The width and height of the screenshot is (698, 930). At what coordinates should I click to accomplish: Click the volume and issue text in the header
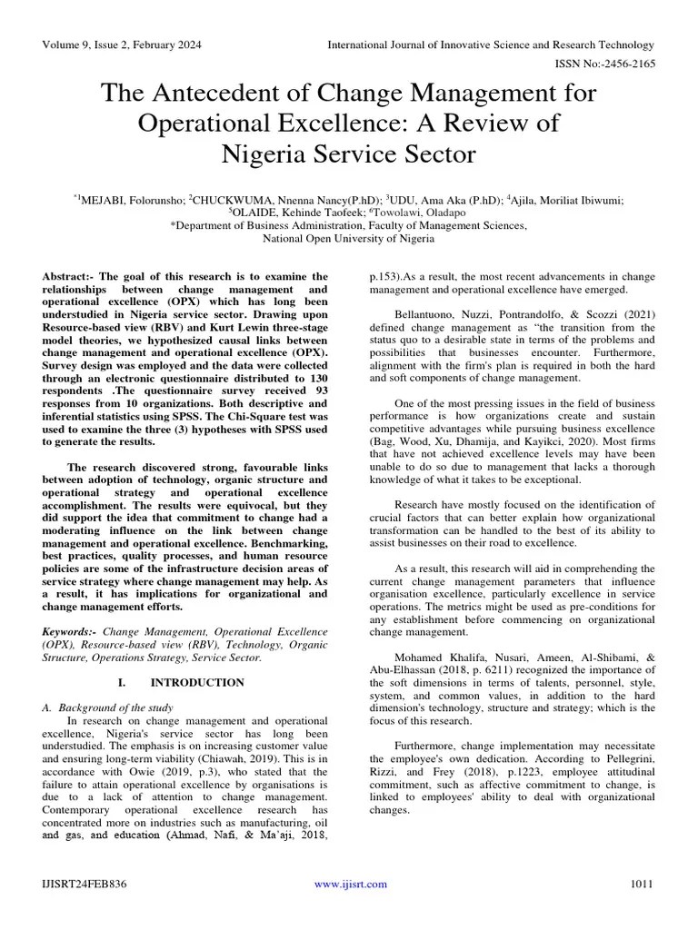click(x=122, y=45)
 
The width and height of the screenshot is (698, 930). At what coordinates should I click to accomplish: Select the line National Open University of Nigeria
click(x=348, y=239)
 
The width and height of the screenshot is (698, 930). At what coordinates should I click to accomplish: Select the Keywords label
click(x=70, y=630)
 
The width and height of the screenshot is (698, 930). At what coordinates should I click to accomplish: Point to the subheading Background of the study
click(x=120, y=707)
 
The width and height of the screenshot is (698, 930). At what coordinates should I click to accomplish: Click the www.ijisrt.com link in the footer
click(x=350, y=884)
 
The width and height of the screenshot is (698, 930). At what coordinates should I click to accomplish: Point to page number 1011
click(x=642, y=884)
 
